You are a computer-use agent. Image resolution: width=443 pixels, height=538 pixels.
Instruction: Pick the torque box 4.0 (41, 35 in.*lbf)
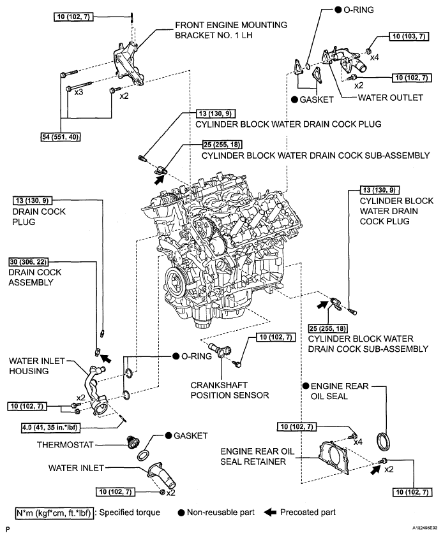click(50, 428)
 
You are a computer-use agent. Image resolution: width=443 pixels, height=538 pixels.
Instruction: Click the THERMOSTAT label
click(65, 445)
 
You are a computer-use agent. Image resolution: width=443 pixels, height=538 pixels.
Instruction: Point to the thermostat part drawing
click(132, 442)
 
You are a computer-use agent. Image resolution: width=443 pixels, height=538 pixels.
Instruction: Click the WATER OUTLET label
click(390, 98)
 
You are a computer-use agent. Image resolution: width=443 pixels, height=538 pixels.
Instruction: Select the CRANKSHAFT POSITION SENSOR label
click(230, 390)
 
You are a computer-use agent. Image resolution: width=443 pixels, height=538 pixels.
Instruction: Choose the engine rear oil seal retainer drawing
click(334, 459)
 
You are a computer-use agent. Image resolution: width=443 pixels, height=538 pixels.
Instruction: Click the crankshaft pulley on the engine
click(176, 282)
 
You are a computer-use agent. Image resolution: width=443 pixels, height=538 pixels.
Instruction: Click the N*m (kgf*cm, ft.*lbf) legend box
click(54, 513)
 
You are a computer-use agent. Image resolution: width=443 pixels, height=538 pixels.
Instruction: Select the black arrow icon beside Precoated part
click(270, 513)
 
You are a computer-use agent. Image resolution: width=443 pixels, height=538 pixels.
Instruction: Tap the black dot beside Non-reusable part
click(181, 513)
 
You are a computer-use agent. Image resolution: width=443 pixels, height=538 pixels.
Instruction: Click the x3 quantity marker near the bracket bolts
click(79, 92)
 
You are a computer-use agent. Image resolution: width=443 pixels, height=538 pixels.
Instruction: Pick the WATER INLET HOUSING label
click(36, 366)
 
